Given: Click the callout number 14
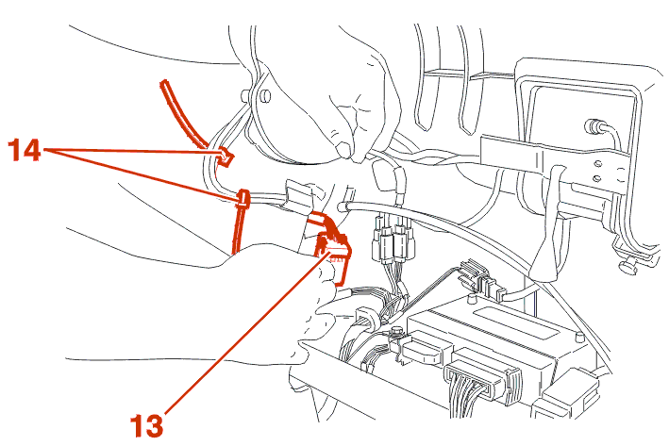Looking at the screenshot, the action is (x=25, y=149).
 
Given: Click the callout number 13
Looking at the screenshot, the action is (x=146, y=425).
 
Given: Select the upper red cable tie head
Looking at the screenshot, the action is (x=226, y=157).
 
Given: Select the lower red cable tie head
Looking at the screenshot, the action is (x=243, y=199).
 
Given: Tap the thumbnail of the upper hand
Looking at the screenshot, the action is (x=343, y=149).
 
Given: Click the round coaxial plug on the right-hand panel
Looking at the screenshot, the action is (x=594, y=125).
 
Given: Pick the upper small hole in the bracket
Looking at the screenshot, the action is (x=598, y=163).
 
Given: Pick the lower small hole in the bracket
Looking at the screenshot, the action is (x=597, y=178).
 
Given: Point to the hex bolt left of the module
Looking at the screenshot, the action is (x=397, y=332).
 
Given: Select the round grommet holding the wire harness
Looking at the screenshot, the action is (x=367, y=318).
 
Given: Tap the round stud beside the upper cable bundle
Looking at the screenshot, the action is (x=264, y=96).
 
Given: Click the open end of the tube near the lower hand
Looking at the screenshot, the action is (x=342, y=208).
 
